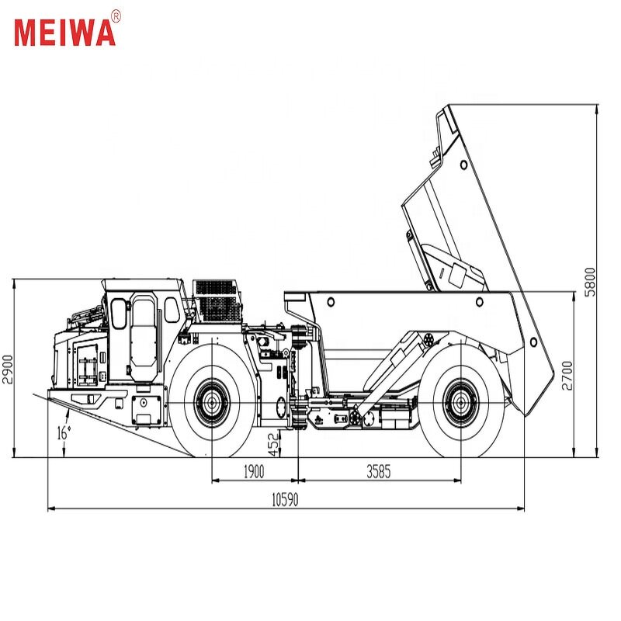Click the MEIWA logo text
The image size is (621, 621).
pos(64,31)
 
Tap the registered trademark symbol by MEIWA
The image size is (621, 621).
pos(116,15)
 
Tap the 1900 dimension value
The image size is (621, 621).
pos(253,470)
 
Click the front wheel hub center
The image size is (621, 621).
pos(212,402)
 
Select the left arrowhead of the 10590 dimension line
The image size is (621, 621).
pos(50,508)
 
